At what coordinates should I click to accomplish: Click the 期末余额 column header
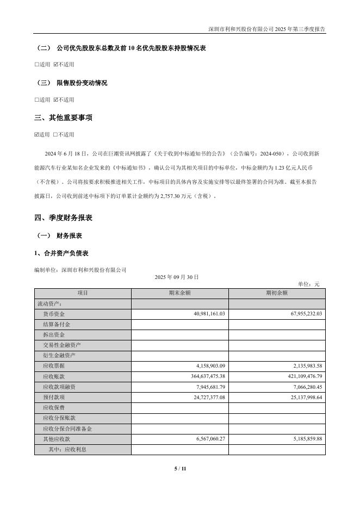(179, 293)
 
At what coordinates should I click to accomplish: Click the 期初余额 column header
(277, 293)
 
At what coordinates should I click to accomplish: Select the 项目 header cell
(83, 293)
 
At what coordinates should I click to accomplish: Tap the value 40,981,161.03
(201, 314)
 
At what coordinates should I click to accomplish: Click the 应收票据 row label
(54, 366)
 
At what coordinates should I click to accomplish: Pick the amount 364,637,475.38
(200, 376)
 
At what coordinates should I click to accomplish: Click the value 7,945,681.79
(203, 387)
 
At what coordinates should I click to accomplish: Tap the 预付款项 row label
(54, 397)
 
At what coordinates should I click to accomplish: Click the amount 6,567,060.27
(203, 439)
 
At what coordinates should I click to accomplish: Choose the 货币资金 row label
(54, 314)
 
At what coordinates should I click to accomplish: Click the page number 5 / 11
(180, 468)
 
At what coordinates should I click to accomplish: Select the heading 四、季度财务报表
(63, 218)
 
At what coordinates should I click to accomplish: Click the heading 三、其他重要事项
(63, 117)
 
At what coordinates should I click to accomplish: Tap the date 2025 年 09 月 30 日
(177, 277)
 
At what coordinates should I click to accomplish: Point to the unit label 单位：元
(309, 284)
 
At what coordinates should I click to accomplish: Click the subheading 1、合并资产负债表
(61, 253)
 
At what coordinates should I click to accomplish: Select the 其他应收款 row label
(57, 439)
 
